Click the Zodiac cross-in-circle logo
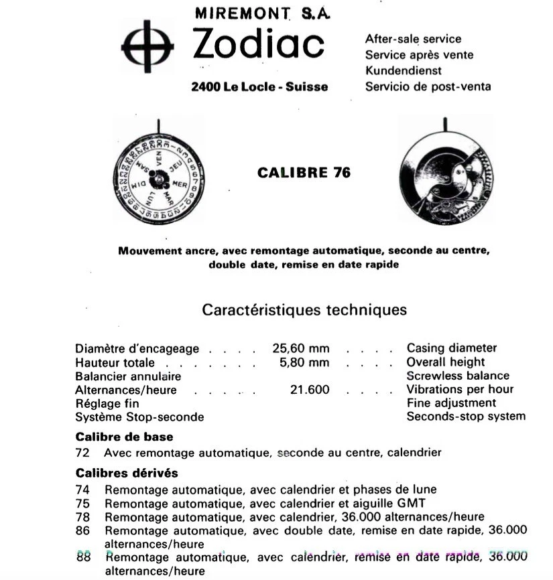[147, 46]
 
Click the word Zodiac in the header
[259, 44]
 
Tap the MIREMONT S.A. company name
[263, 12]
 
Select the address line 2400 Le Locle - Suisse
[259, 86]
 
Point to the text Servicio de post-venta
[428, 86]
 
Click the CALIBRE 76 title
[304, 173]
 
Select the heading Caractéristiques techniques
[304, 310]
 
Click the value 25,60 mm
[301, 348]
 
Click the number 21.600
[310, 390]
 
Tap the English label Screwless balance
[458, 376]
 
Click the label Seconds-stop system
[466, 417]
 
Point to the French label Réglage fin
[107, 403]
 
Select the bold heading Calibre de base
[124, 437]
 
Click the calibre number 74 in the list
[83, 490]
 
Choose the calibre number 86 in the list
[83, 530]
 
